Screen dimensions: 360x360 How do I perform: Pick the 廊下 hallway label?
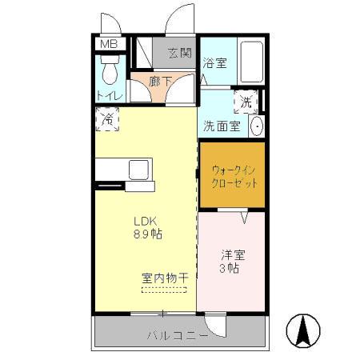point(157,80)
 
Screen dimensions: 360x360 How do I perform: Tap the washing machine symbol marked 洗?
point(246,102)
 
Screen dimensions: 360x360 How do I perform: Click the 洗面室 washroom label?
point(221,125)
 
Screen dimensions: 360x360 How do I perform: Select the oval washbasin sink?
point(258,126)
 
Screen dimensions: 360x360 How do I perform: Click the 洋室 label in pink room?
point(234,255)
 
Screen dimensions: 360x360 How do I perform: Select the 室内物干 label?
point(165,278)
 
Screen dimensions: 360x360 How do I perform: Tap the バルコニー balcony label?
point(177,335)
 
